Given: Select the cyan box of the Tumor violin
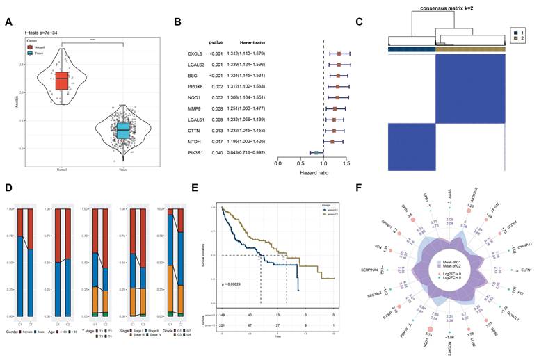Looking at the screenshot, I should point(123,131).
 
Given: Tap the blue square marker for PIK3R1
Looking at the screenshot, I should point(316,151).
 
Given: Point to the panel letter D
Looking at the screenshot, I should point(8,188).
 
